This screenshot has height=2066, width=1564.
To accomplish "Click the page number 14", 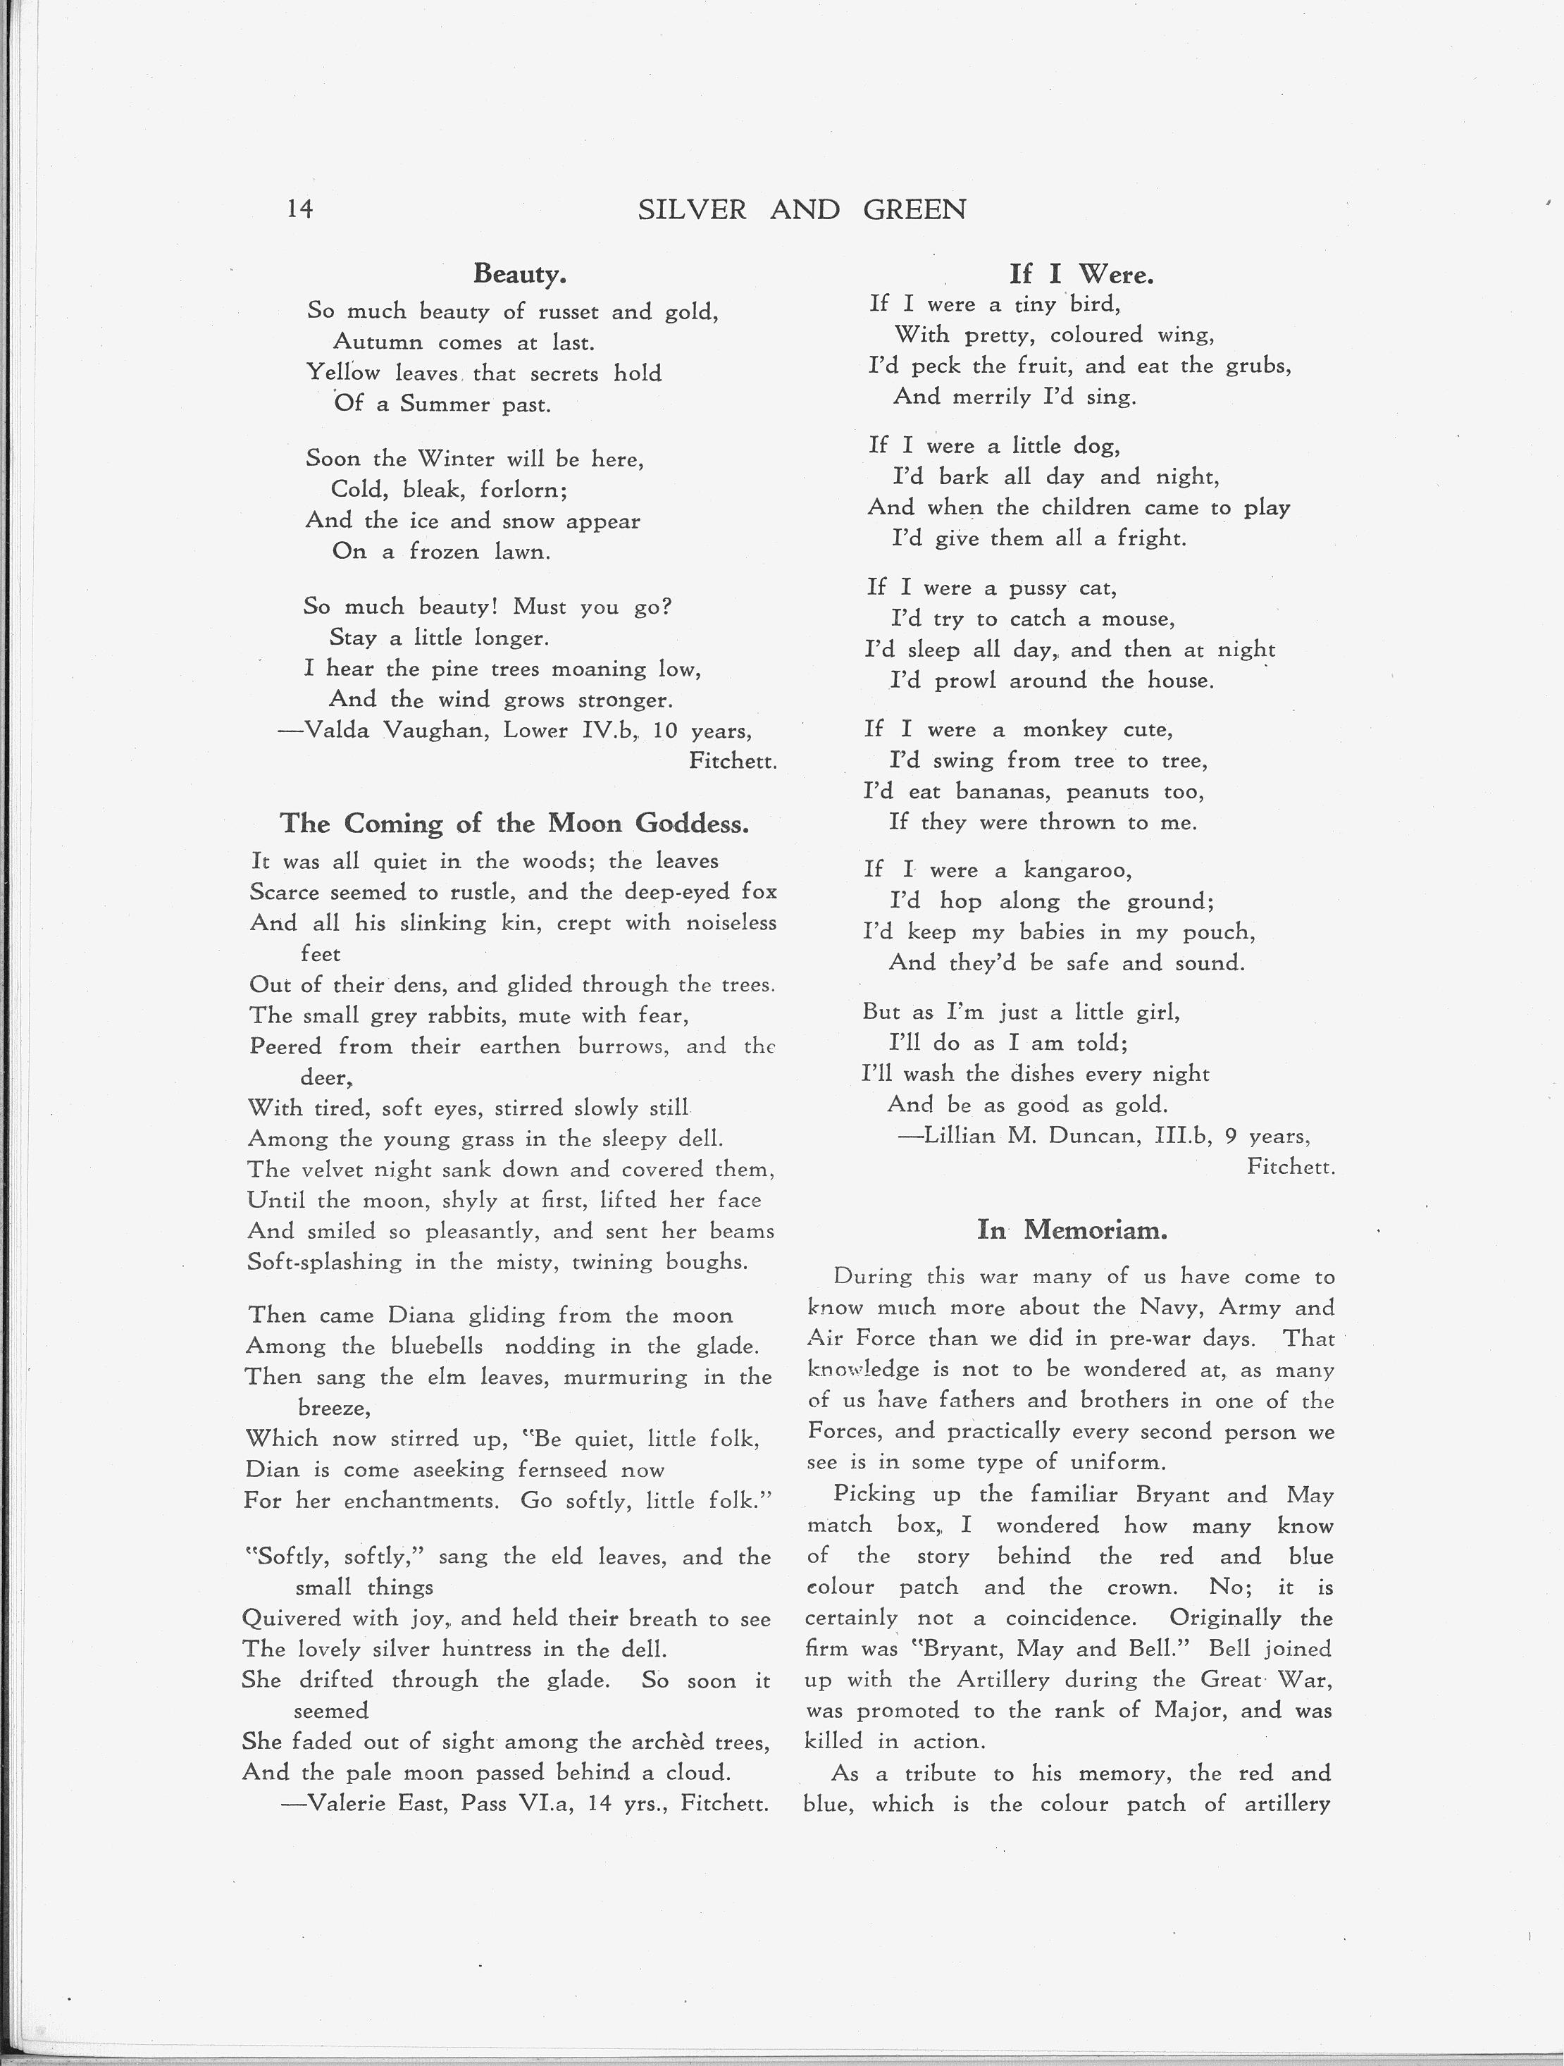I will (x=299, y=209).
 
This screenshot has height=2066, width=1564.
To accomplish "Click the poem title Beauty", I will (x=519, y=273).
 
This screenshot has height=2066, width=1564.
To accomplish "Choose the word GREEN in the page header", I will (x=914, y=210).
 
